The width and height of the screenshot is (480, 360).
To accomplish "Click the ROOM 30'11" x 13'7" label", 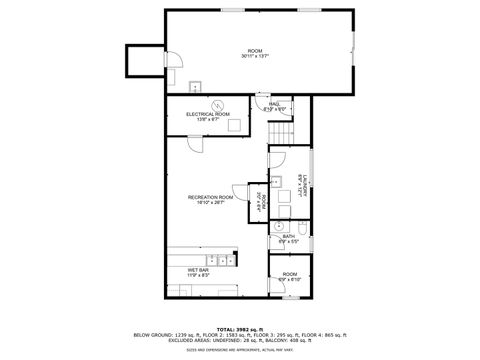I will (x=255, y=53).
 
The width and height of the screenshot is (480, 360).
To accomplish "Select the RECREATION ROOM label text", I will (x=210, y=200).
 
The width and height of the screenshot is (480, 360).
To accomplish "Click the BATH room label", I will (x=288, y=238).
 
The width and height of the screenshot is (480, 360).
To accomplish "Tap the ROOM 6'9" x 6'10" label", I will (x=290, y=276).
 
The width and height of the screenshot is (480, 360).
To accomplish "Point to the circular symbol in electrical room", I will (x=213, y=106).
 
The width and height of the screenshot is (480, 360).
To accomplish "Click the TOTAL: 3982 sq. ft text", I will (x=239, y=327).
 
